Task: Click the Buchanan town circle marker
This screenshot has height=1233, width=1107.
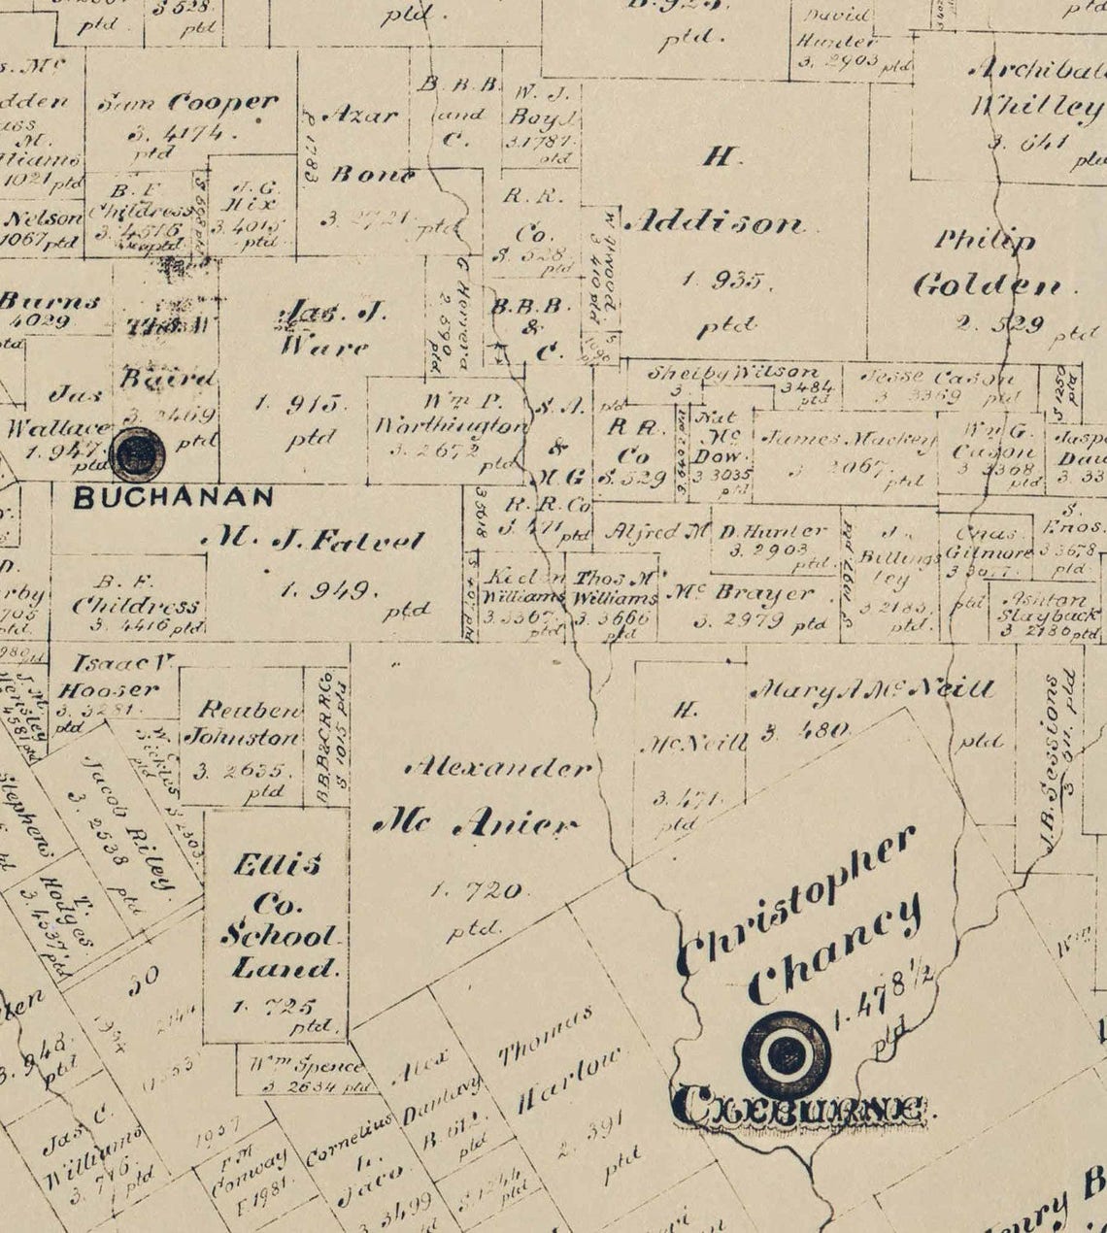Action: click(136, 454)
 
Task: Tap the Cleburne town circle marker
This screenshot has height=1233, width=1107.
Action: click(786, 1055)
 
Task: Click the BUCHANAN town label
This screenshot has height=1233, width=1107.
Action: click(174, 497)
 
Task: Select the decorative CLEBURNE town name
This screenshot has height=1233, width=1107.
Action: click(798, 1108)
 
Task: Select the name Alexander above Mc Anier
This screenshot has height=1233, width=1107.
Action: click(498, 768)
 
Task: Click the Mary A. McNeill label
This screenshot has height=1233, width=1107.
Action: click(872, 689)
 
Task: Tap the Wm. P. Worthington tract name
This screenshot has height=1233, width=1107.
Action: click(450, 415)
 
